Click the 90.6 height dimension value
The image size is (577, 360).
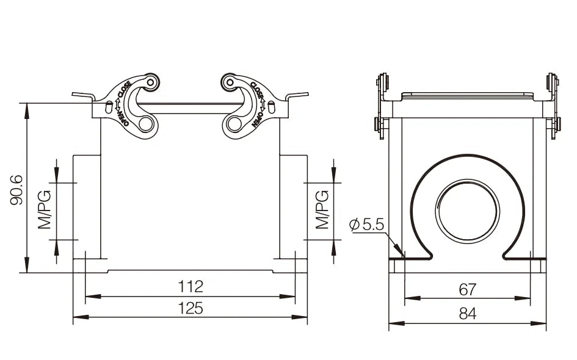[17, 190]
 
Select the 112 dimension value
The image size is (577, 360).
[191, 286]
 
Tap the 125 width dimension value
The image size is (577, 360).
[191, 308]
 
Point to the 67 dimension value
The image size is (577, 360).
[467, 290]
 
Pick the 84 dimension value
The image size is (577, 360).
[467, 314]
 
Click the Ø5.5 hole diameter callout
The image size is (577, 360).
[366, 225]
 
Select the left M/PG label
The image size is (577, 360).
[45, 210]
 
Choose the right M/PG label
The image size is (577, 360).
[322, 210]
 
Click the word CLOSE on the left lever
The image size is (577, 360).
[124, 89]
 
